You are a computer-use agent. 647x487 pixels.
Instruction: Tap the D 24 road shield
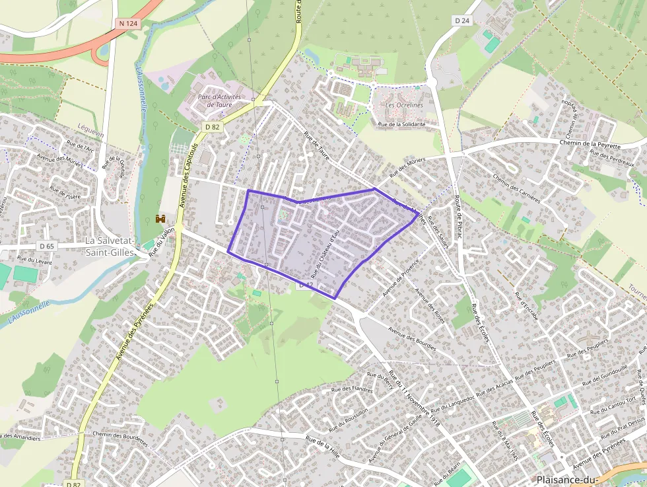[462, 20]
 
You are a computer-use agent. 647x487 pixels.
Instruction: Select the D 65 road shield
[46, 246]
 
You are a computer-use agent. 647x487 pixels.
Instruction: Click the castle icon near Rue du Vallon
[159, 218]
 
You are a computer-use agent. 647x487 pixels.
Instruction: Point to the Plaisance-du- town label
[566, 480]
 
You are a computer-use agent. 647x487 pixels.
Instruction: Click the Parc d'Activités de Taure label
[219, 100]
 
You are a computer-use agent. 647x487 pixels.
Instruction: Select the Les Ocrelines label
[404, 105]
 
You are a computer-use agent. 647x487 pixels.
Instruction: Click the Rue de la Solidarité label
[401, 124]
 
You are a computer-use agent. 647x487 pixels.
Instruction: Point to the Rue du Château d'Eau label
[324, 253]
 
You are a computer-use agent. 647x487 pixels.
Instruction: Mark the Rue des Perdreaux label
[608, 155]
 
